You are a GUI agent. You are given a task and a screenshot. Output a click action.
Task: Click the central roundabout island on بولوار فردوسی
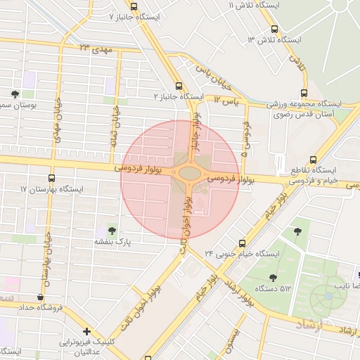[188, 172]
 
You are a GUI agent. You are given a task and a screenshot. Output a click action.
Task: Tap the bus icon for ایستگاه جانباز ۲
[179, 85]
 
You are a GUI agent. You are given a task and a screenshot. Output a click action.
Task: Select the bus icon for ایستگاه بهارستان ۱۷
[51, 179]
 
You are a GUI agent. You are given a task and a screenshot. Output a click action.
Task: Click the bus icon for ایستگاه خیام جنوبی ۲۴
[242, 243]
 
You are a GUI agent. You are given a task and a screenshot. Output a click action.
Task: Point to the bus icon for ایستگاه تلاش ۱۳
[274, 30]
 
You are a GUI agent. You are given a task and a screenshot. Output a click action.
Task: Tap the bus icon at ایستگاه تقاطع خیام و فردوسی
[313, 160]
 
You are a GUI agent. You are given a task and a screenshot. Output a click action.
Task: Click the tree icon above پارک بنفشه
[111, 230]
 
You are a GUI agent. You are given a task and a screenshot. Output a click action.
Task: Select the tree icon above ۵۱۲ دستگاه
[273, 277]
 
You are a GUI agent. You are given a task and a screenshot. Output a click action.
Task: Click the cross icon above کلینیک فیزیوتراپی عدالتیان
[86, 330]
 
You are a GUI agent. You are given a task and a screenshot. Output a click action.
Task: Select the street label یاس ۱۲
[227, 101]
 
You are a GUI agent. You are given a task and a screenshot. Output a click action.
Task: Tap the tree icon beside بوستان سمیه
[15, 94]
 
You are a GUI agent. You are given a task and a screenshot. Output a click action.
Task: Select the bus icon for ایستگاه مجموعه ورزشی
[304, 92]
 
